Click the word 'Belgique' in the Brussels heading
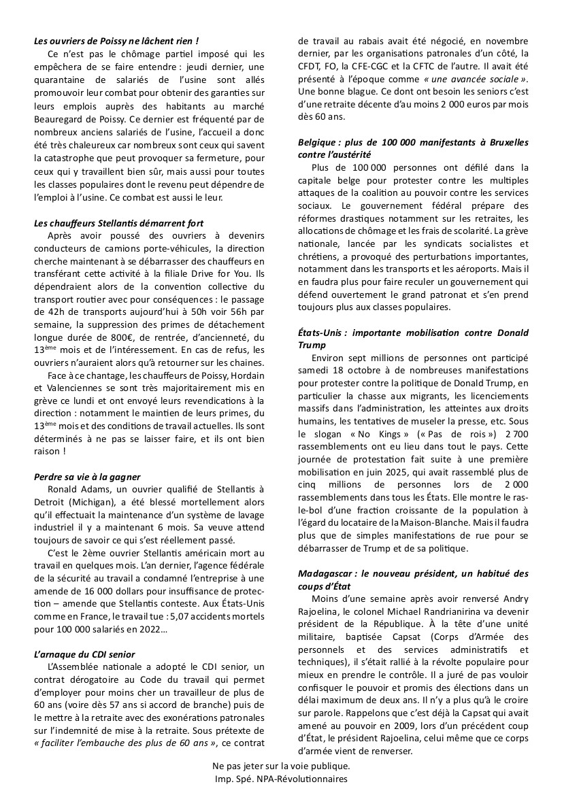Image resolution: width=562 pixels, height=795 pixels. [320, 142]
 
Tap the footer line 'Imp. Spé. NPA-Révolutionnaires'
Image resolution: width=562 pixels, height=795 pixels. [280, 779]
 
